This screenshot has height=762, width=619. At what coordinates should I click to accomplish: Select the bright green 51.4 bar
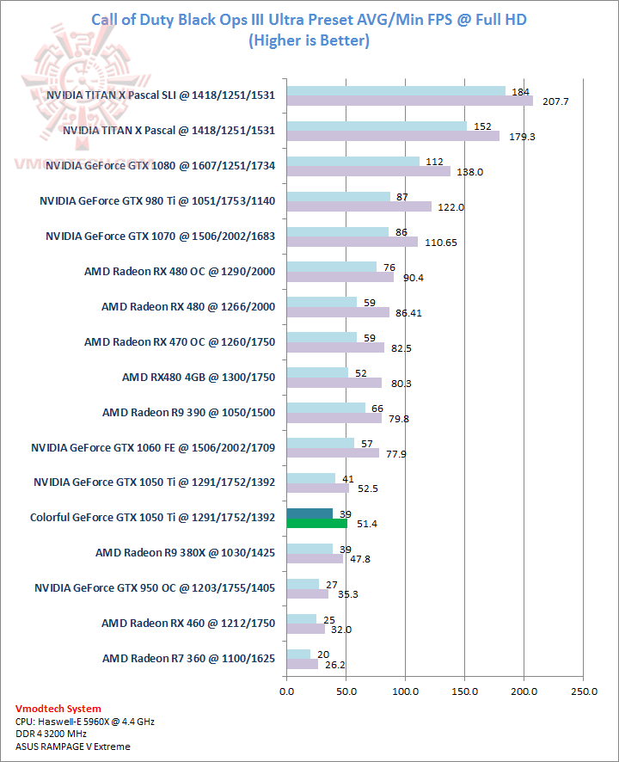click(316, 523)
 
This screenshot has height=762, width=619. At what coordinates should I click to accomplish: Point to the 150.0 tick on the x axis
click(464, 691)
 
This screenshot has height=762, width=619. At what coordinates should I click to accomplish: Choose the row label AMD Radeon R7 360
click(188, 658)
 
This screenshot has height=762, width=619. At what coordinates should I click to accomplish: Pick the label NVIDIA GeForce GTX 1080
click(161, 165)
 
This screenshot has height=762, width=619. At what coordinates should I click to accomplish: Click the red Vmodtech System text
click(58, 709)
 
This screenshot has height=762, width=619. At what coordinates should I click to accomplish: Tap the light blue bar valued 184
click(395, 91)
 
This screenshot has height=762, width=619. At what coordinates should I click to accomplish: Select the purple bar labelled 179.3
click(392, 135)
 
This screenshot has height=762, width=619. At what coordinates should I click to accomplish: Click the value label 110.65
click(440, 243)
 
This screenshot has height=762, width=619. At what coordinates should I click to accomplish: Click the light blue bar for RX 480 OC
click(331, 267)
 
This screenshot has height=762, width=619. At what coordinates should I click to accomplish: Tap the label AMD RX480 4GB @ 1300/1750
click(198, 377)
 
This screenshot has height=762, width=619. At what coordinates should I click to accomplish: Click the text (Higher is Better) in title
click(309, 40)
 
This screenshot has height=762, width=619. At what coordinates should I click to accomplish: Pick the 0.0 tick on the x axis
click(286, 691)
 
